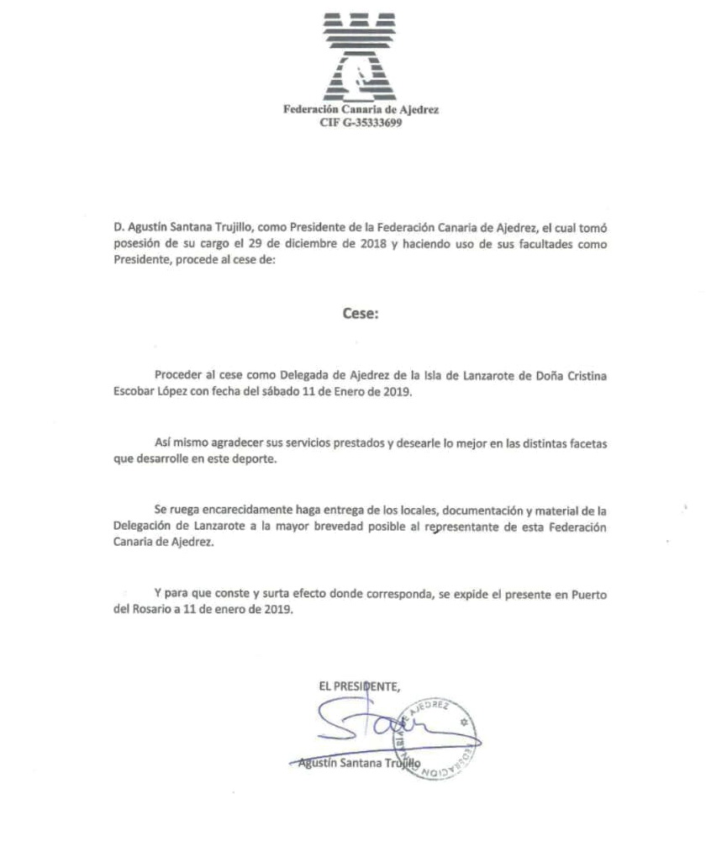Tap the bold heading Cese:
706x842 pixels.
click(x=361, y=313)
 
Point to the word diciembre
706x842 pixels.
click(x=299, y=244)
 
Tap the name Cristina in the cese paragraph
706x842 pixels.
click(x=580, y=376)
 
